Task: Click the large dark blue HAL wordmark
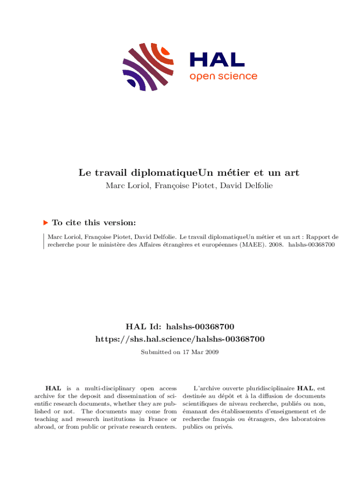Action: tap(217, 59)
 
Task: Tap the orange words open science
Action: tap(223, 76)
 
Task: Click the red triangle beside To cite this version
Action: tap(45, 223)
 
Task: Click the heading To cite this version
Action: tap(94, 223)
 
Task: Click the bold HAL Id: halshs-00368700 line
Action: tap(180, 326)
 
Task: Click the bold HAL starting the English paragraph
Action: tap(51, 388)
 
